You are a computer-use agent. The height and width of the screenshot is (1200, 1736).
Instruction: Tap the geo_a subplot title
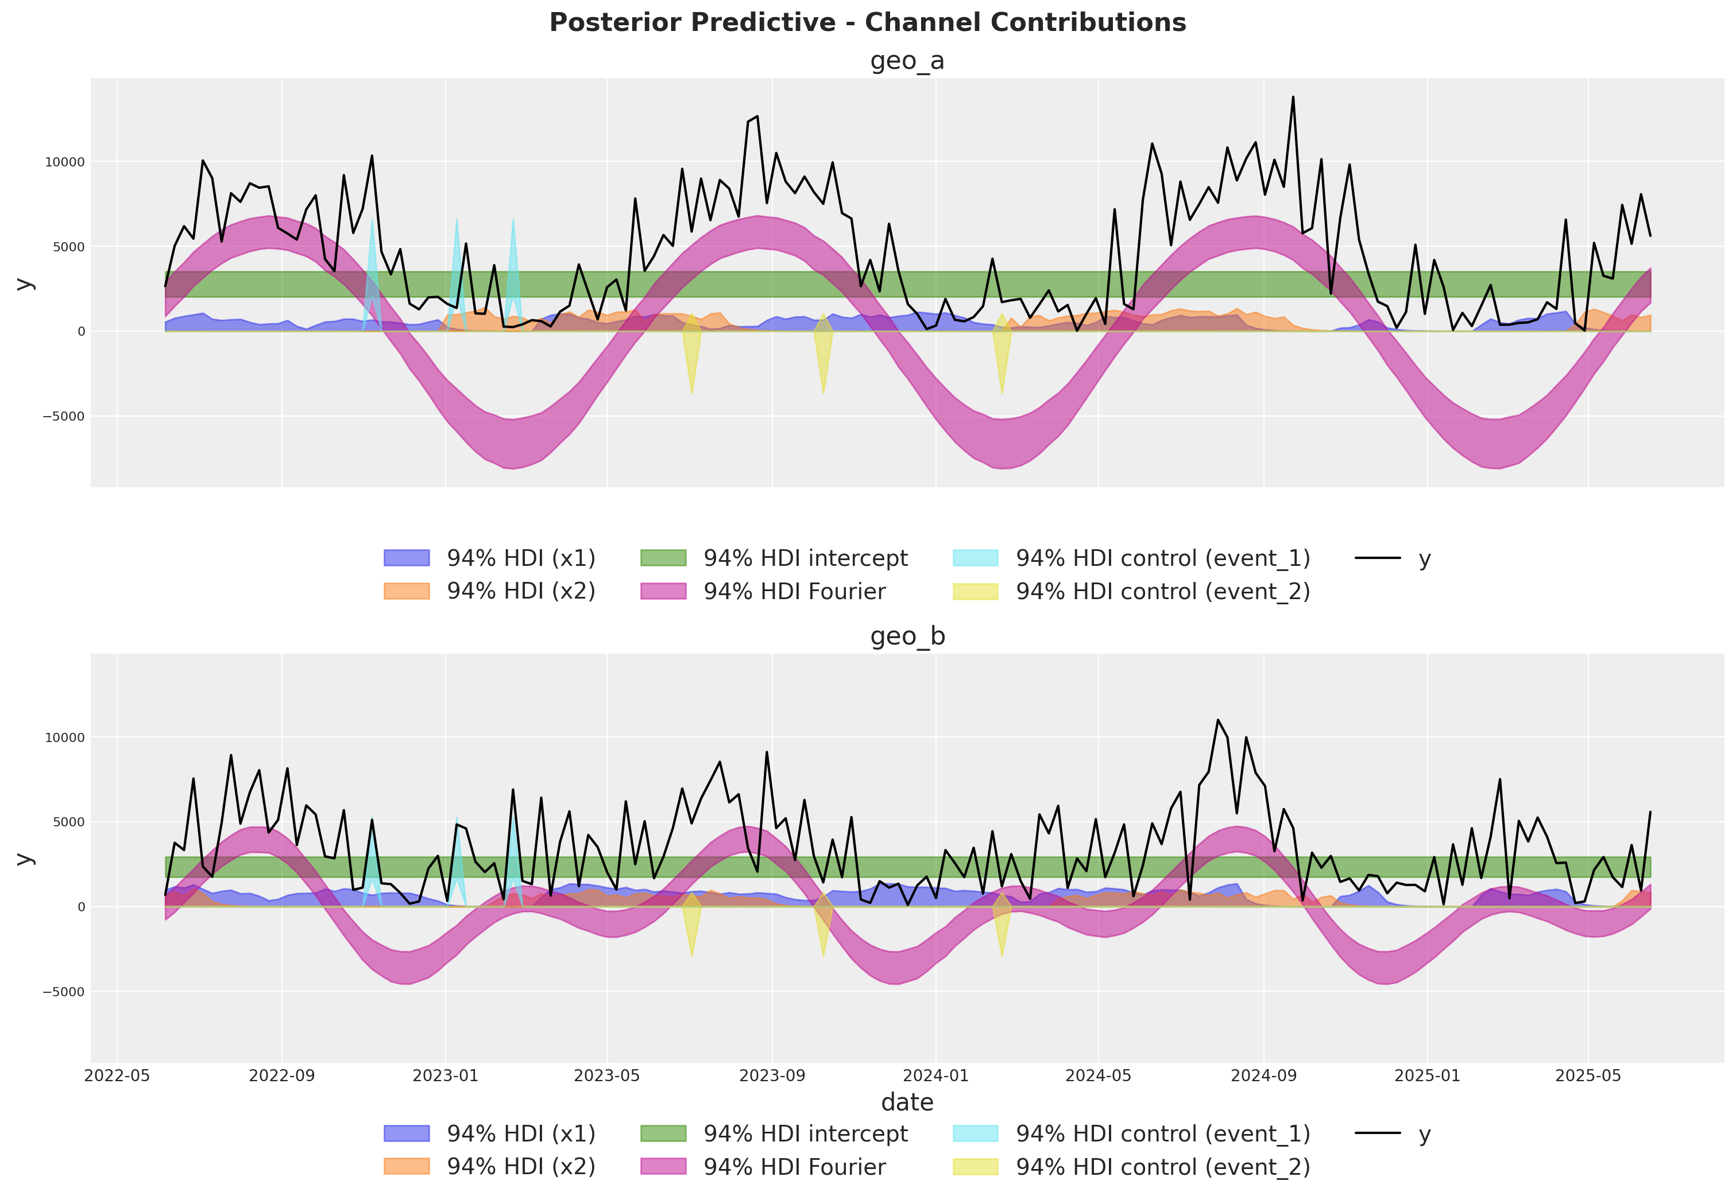point(907,61)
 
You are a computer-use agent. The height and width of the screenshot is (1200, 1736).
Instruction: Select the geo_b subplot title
point(907,636)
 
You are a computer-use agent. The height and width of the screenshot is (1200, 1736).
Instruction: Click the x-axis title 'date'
point(907,1102)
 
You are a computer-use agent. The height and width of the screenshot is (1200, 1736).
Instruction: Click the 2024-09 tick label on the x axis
point(1263,1075)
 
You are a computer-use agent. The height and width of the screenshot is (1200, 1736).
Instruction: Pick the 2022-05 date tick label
point(117,1075)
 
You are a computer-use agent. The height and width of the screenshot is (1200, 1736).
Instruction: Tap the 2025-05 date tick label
point(1588,1075)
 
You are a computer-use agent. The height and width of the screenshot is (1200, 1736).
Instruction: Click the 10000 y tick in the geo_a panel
point(65,162)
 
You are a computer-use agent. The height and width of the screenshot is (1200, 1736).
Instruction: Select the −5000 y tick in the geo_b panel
point(63,992)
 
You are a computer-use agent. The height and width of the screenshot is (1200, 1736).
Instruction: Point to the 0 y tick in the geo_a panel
point(80,332)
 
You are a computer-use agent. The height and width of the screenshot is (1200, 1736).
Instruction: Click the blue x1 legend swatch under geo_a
point(406,558)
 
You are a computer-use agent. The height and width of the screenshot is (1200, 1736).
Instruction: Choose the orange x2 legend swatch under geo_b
point(406,1166)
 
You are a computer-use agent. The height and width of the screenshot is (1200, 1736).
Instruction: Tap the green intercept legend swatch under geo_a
point(663,558)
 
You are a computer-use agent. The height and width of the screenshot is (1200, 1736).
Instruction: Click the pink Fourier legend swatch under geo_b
point(663,1166)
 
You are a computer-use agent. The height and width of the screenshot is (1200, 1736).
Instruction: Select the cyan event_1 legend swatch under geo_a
point(975,558)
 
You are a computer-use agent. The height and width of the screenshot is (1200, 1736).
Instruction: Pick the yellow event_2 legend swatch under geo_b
point(975,1166)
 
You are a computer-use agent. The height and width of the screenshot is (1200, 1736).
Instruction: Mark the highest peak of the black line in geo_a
point(1293,97)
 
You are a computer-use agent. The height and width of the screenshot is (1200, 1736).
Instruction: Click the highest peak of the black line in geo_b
point(1218,720)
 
